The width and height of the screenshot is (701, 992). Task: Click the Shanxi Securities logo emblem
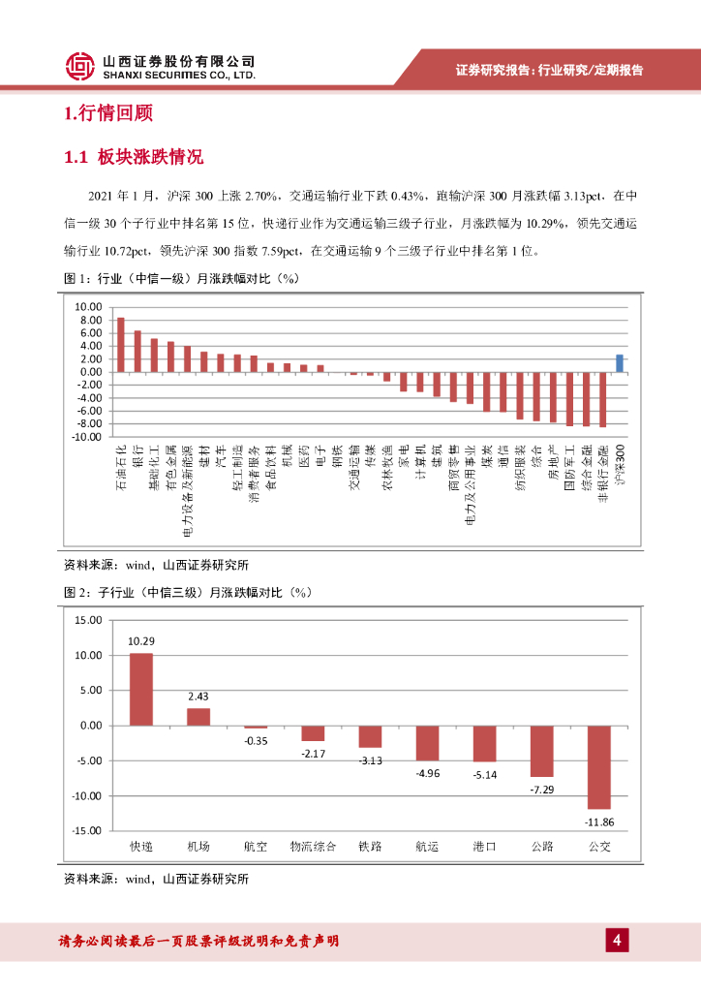[79, 66]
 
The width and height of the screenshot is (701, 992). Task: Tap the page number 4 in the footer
[617, 940]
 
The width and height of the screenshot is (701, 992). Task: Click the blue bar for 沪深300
[620, 363]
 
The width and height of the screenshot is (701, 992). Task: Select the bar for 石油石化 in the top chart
[121, 345]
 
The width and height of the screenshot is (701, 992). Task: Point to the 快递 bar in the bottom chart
[141, 690]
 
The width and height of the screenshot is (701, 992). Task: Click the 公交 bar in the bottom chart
[600, 766]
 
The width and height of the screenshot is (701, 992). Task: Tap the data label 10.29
[141, 640]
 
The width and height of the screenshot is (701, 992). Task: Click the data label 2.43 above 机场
[198, 696]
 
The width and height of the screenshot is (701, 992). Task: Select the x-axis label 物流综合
[314, 847]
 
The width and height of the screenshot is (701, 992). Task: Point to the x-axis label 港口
[485, 847]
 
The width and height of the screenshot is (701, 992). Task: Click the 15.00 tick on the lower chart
[88, 620]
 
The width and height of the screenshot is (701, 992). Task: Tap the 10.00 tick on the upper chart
[89, 306]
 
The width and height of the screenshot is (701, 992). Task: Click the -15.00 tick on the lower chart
[87, 830]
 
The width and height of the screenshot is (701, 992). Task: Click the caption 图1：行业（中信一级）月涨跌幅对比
[180, 280]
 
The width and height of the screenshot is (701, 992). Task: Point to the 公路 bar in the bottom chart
[542, 751]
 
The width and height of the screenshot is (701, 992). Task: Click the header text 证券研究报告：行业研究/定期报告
[549, 70]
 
